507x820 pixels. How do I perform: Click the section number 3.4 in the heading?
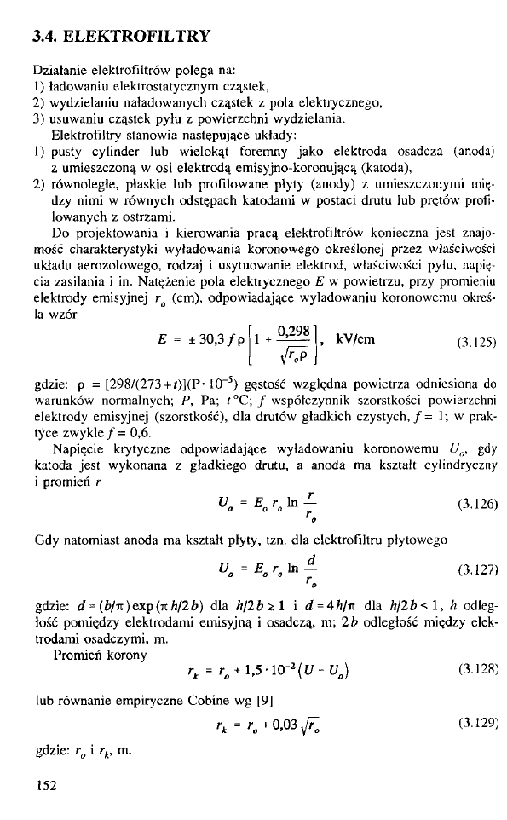[43, 37]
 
